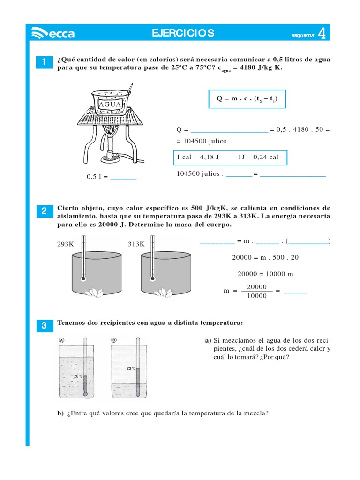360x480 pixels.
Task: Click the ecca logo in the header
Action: pos(52,33)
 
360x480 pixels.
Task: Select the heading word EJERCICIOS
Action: pos(183,33)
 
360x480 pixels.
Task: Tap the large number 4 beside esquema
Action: pos(322,33)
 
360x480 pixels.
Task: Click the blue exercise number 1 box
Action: pos(44,62)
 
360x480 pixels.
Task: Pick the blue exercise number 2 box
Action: pos(44,211)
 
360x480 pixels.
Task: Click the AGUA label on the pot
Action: pos(107,104)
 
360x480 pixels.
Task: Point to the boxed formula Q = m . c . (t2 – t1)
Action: pos(247,99)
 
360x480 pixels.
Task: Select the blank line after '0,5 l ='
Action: pos(123,177)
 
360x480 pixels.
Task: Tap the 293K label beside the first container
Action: pos(65,244)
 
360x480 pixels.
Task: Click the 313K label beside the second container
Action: pos(136,244)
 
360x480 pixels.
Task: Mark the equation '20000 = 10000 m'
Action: pos(265,274)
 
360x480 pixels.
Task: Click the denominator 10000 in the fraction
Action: pos(256,296)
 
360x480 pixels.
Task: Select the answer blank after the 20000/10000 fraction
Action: pos(295,291)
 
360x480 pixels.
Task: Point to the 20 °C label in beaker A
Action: pos(78,376)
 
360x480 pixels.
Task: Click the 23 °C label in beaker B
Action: pos(131,368)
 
